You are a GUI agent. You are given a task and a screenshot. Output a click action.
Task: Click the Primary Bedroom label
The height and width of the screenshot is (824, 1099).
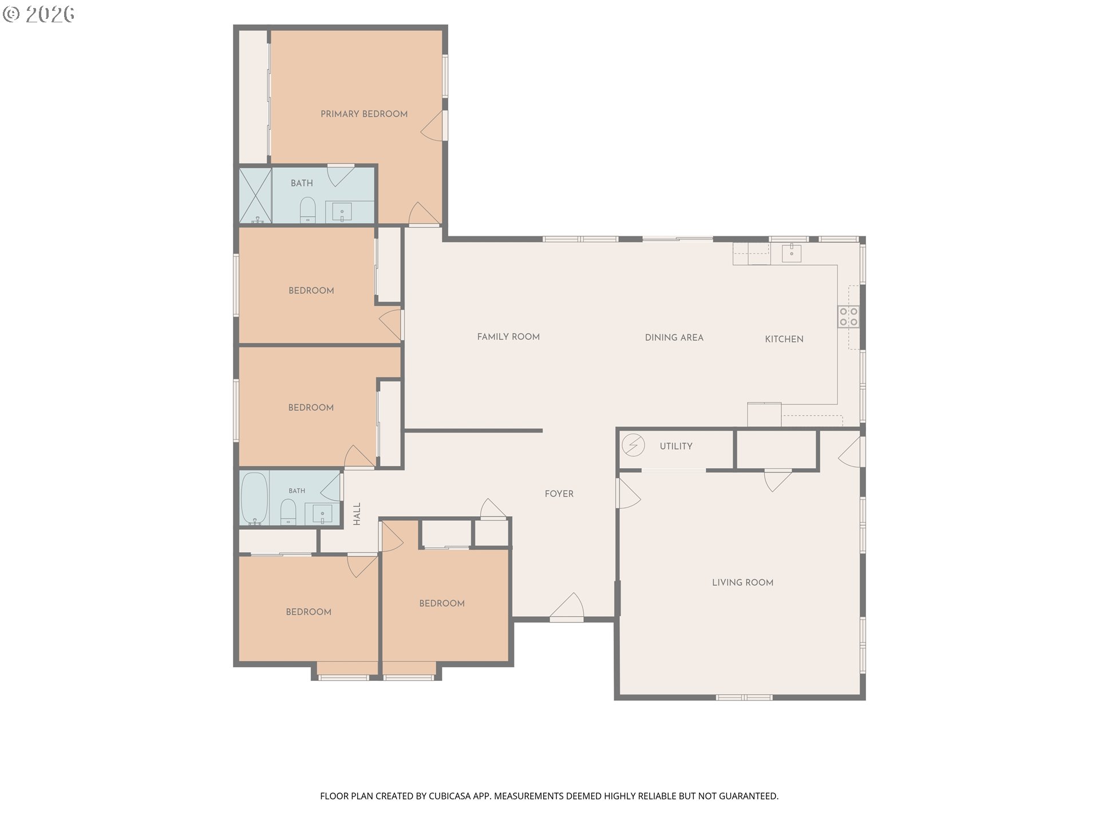click(364, 114)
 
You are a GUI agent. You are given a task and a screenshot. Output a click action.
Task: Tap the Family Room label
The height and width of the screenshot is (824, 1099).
click(508, 337)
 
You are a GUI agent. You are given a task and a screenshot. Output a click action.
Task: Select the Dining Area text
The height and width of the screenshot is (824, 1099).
click(674, 338)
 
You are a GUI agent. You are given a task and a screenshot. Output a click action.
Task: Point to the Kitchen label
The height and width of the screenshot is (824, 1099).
click(784, 339)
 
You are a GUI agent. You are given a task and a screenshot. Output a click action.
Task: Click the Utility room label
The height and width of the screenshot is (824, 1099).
click(676, 446)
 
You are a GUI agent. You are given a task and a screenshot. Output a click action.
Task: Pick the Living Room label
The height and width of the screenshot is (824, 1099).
click(742, 583)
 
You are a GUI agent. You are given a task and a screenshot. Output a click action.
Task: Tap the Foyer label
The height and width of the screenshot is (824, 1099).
click(559, 494)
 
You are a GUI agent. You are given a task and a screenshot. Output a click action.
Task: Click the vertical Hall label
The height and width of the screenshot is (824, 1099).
click(357, 514)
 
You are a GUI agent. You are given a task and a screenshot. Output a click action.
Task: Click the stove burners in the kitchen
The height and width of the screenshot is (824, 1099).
click(848, 316)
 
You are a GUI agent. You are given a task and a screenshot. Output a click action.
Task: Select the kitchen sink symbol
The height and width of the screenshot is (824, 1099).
click(791, 252)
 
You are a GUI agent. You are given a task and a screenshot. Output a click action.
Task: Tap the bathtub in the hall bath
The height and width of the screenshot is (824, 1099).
click(253, 497)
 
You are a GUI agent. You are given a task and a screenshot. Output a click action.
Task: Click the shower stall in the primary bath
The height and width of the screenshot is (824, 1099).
click(255, 195)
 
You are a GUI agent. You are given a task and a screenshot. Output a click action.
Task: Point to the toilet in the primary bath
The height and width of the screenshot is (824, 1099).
click(308, 209)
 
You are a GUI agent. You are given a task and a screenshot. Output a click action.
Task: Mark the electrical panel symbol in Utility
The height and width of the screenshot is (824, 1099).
click(633, 445)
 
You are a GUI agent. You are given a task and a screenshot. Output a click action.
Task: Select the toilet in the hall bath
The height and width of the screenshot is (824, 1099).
click(288, 512)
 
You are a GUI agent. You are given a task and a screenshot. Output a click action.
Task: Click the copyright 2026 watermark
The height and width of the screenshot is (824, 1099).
click(38, 14)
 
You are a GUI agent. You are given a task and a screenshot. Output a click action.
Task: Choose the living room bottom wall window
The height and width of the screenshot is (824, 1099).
click(744, 698)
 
